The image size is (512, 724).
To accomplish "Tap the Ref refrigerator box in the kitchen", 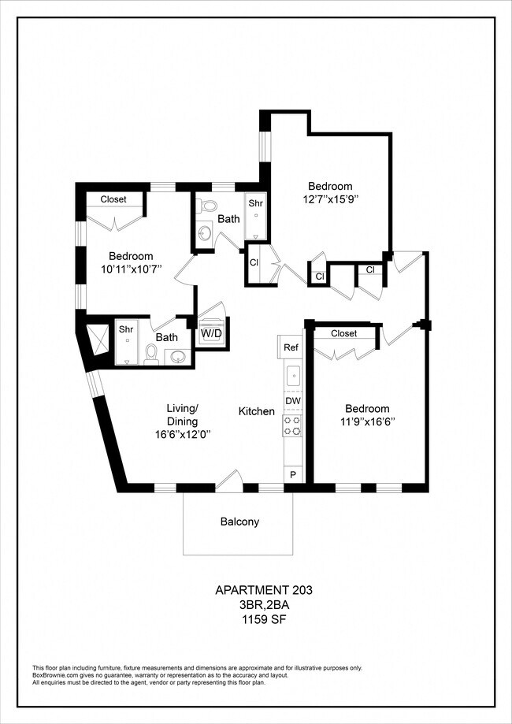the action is click(x=289, y=347).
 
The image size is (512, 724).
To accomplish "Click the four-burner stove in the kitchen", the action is click(x=292, y=425).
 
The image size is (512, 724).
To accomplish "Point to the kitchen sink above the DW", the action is click(x=293, y=376).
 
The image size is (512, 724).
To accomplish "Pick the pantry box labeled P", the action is click(x=293, y=474).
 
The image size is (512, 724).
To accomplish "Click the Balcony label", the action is click(x=239, y=522).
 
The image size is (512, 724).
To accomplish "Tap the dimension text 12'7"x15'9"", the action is click(x=331, y=199).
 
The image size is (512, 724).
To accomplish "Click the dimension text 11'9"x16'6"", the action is click(x=368, y=421).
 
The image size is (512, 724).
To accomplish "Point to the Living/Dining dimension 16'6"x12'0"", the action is click(x=183, y=434).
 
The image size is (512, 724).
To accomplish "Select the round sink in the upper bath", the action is click(x=206, y=231).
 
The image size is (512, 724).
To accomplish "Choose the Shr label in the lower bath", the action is click(x=125, y=329).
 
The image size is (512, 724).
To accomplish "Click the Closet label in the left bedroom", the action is click(x=113, y=199).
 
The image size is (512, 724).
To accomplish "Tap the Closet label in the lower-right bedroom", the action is click(x=344, y=333).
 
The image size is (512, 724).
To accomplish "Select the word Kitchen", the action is click(x=257, y=411).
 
